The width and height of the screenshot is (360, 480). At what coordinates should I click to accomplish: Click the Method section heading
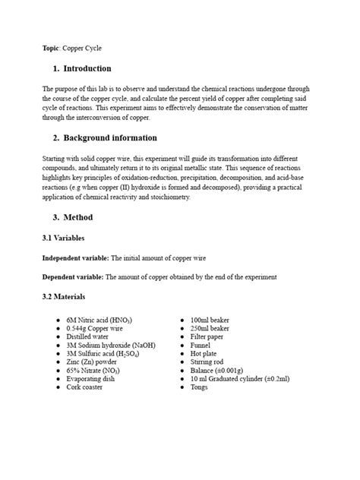click(x=78, y=217)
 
